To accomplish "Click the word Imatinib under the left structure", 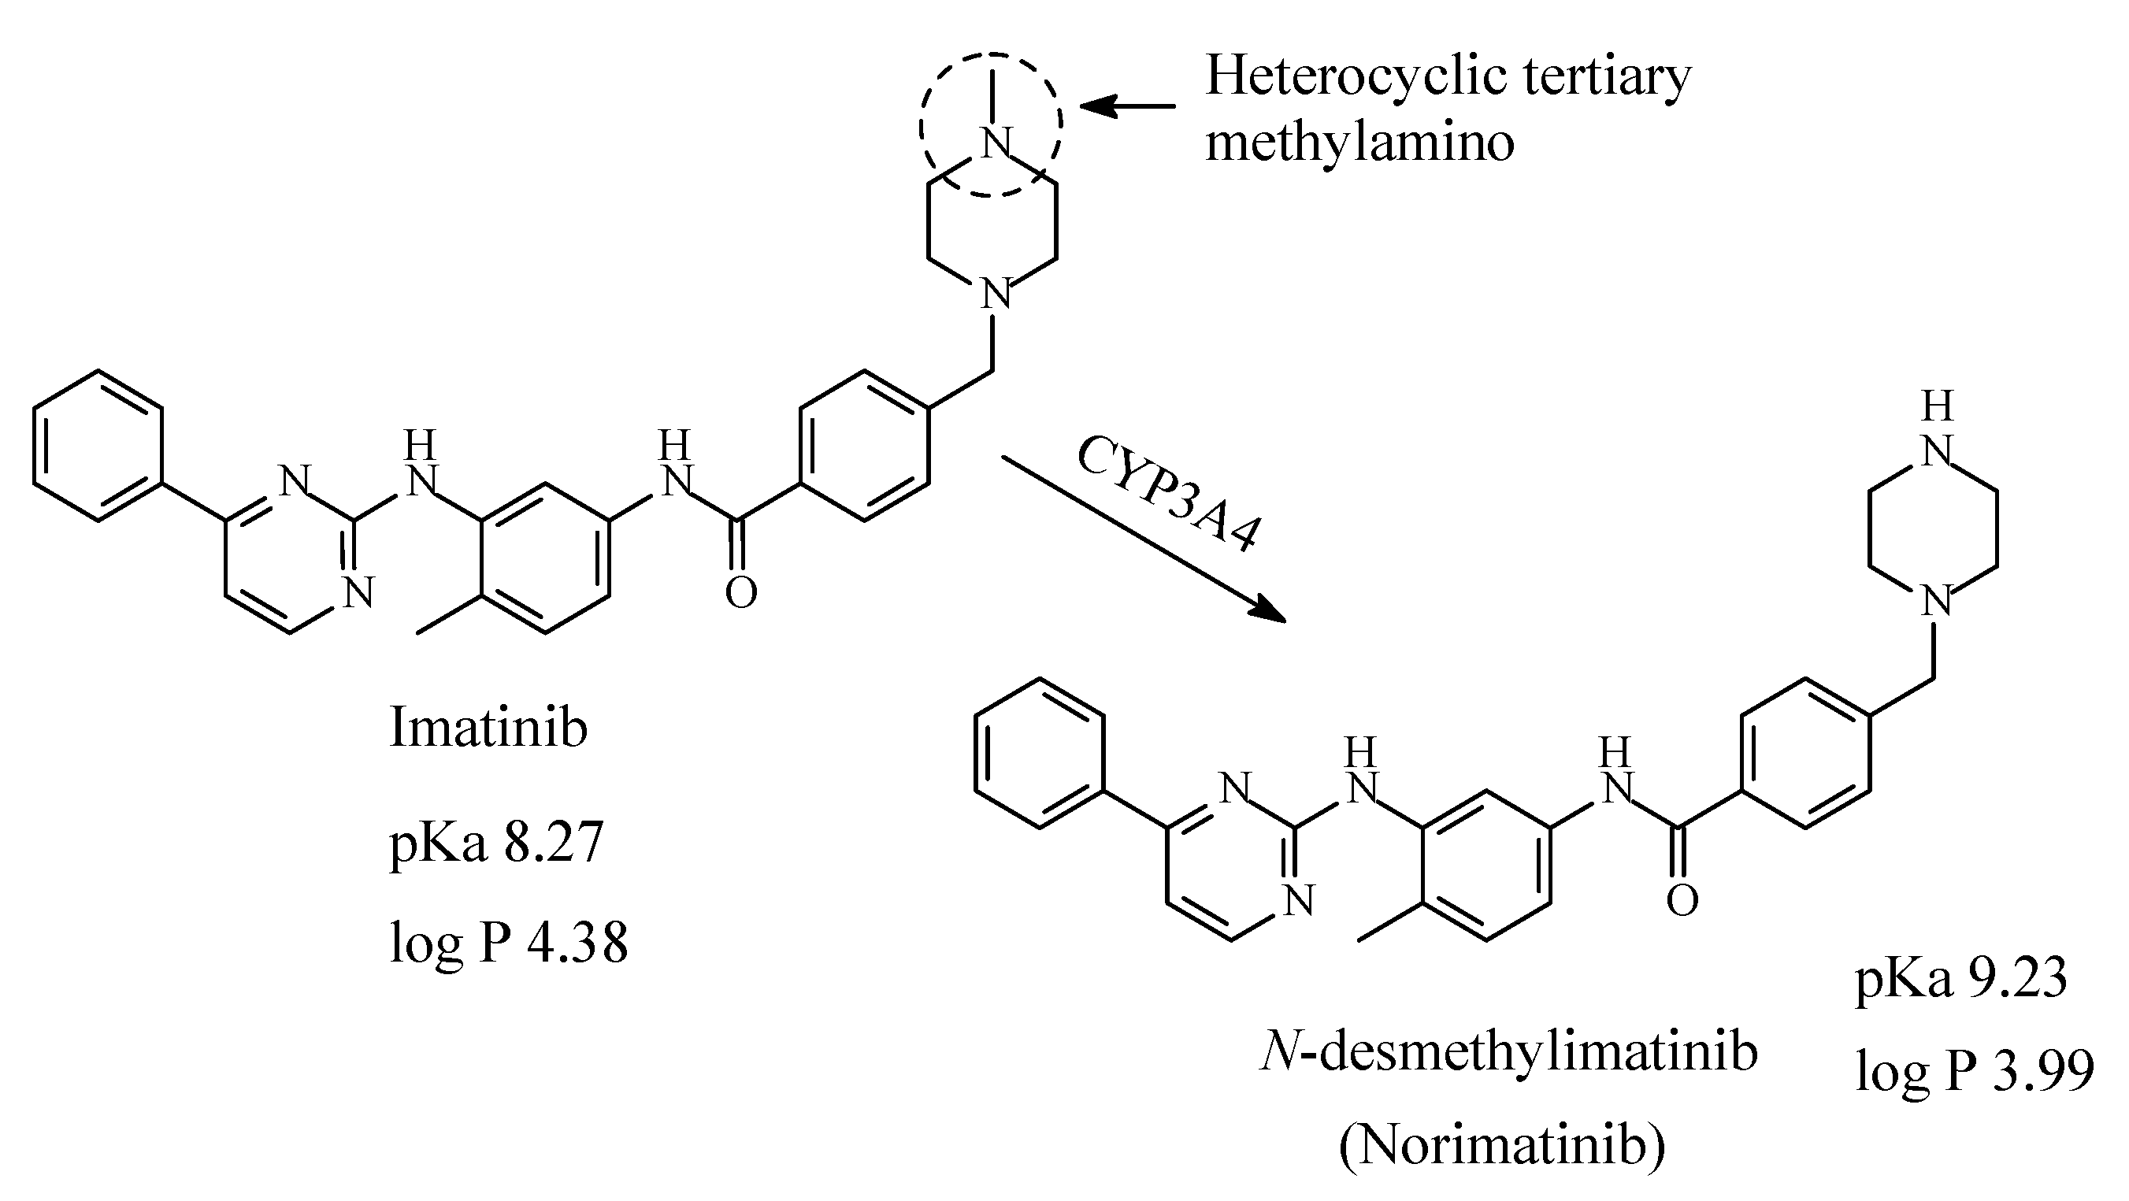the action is [488, 728].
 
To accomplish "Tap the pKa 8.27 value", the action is [496, 843].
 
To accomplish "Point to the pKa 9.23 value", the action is [1960, 980].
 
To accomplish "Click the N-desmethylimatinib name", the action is [1508, 1053].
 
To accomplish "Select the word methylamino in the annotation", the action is [1359, 143].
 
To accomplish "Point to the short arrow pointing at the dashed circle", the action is [1127, 106].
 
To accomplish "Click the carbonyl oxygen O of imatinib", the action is [740, 593].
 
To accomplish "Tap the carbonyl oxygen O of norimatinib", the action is [1682, 900].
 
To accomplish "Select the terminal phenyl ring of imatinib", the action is [98, 446].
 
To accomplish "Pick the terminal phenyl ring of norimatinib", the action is [1039, 753].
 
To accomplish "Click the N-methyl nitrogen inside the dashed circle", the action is [996, 144].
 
